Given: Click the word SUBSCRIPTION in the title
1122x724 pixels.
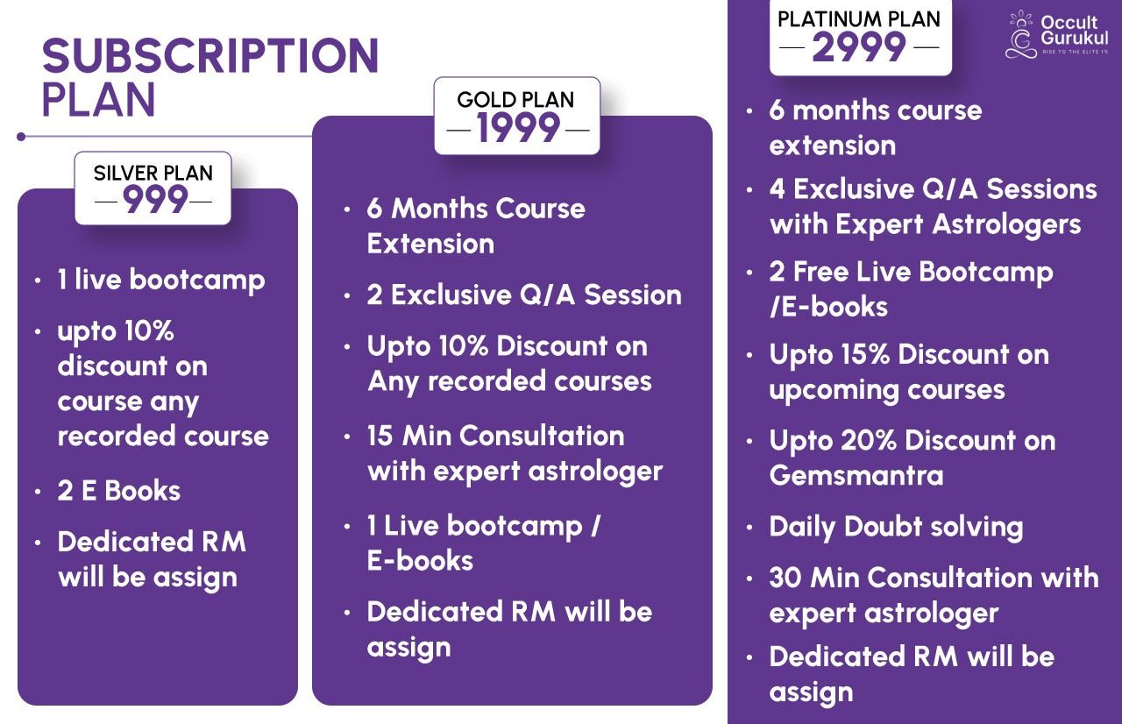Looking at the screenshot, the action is (210, 55).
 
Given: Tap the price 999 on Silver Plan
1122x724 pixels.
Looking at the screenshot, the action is (155, 199).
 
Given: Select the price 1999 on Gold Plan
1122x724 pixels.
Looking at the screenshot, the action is (518, 128).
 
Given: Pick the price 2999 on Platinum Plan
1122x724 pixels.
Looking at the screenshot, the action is (859, 47).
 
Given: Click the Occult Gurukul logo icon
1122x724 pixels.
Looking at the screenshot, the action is (1020, 34).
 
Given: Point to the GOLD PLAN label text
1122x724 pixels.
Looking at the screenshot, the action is (515, 100).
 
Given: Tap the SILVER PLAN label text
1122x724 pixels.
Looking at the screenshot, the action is (153, 174).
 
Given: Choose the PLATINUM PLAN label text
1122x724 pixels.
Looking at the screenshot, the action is (859, 19).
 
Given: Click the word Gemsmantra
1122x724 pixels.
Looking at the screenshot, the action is (856, 475).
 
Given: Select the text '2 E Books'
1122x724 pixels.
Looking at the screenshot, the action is (118, 491).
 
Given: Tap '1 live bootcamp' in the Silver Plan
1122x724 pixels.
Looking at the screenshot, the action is (160, 280).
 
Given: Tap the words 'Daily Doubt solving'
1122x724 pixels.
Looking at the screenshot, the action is (896, 528).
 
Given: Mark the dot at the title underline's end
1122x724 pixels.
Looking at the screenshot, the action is (21, 137).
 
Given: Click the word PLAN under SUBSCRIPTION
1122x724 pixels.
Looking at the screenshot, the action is (99, 100).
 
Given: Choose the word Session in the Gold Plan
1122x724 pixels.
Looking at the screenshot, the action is (633, 295).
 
